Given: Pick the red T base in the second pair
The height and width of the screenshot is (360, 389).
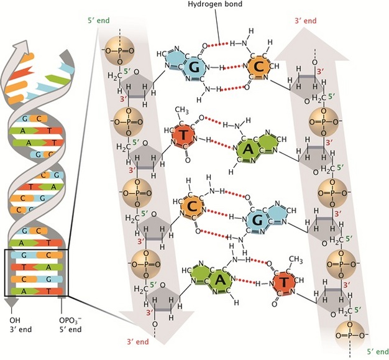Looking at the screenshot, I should (x=185, y=136).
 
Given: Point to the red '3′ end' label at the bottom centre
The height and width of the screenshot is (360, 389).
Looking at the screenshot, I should (x=137, y=341).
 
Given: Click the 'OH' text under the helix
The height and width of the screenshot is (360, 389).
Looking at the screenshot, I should (x=14, y=320).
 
